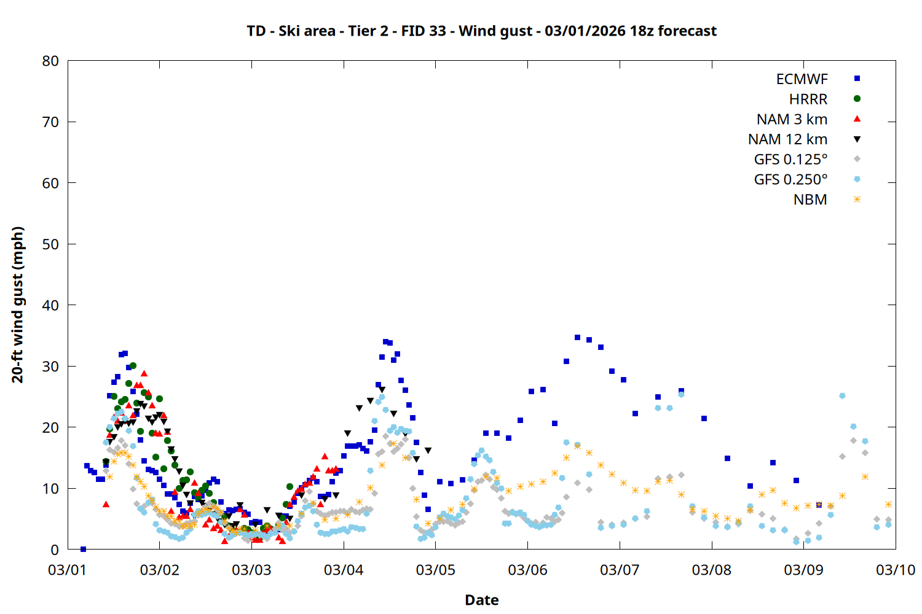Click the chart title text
481,31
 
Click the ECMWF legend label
802,79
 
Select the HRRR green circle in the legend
857,98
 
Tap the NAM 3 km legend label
792,119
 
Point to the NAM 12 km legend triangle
857,139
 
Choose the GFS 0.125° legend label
790,160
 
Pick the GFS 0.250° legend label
790,180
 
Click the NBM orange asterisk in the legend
857,200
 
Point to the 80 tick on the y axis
51,61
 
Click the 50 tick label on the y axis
51,244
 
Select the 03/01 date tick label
68,570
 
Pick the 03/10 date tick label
895,570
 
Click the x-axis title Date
481,600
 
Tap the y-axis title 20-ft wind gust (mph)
18,305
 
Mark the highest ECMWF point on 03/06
577,337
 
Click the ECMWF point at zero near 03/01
83,549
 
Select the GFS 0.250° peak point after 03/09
842,396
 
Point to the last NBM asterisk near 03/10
888,504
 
